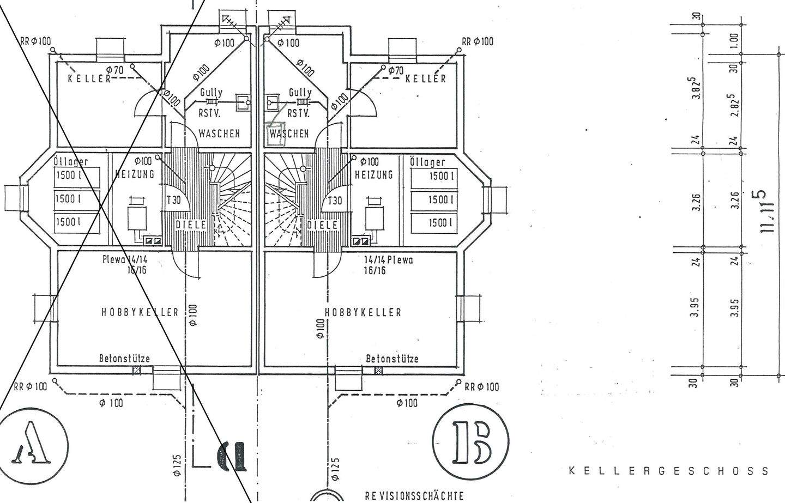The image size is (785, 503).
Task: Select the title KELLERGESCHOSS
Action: pyautogui.click(x=669, y=471)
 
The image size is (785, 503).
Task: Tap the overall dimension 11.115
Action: pyautogui.click(x=765, y=211)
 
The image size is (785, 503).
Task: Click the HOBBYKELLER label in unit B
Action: pyautogui.click(x=363, y=312)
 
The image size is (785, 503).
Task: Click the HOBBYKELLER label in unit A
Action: pyautogui.click(x=140, y=312)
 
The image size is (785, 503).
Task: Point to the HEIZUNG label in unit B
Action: pyautogui.click(x=373, y=175)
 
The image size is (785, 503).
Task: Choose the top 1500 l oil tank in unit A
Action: pyautogui.click(x=77, y=177)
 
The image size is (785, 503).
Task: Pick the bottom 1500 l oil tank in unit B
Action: pyautogui.click(x=434, y=222)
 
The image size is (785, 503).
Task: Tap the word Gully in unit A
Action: pyautogui.click(x=211, y=93)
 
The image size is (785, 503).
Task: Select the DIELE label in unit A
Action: pyautogui.click(x=190, y=224)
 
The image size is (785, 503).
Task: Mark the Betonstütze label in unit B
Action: pyautogui.click(x=392, y=359)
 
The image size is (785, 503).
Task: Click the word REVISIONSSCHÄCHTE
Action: pyautogui.click(x=414, y=496)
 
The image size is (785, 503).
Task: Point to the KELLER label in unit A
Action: pyautogui.click(x=89, y=78)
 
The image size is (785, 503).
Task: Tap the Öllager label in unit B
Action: pyautogui.click(x=427, y=162)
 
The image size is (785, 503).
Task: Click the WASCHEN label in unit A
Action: pyautogui.click(x=219, y=133)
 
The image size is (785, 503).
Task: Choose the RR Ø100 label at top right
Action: pyautogui.click(x=478, y=41)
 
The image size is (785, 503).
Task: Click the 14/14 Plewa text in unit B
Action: pyautogui.click(x=388, y=260)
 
